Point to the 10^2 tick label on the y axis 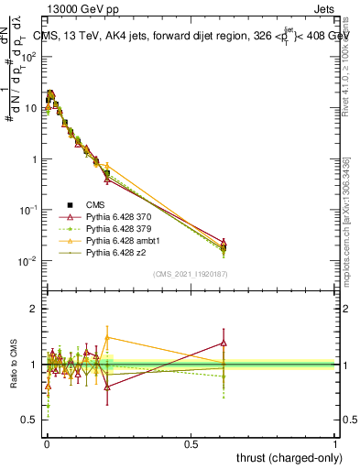30,57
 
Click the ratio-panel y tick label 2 36,309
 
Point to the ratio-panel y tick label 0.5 32,420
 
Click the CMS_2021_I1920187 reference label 190,273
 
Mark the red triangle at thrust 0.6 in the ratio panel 224,343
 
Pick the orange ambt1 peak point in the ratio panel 107,337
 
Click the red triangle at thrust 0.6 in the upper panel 224,242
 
